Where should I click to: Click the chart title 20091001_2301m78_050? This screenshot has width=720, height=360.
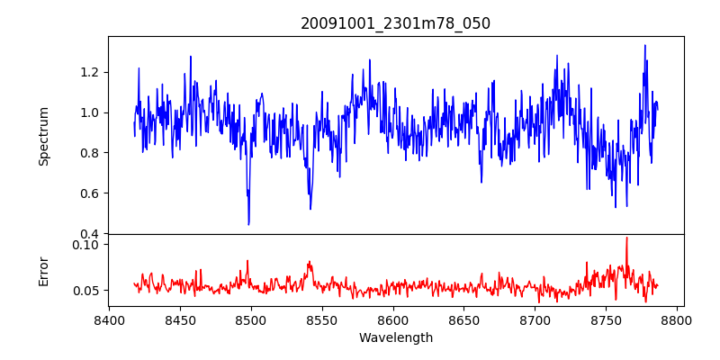pyautogui.click(x=395, y=23)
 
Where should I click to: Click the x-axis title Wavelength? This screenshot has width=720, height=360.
pyautogui.click(x=395, y=337)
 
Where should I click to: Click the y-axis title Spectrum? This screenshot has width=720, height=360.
pyautogui.click(x=43, y=135)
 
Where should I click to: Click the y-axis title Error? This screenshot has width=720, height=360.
pyautogui.click(x=43, y=270)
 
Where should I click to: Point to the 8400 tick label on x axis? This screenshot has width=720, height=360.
pyautogui.click(x=109, y=319)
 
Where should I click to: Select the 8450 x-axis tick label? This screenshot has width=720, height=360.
pyautogui.click(x=180, y=319)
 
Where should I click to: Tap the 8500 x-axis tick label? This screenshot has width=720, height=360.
pyautogui.click(x=251, y=319)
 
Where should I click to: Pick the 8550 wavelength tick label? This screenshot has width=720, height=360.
pyautogui.click(x=322, y=319)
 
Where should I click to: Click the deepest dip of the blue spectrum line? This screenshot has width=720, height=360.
pyautogui.click(x=248, y=224)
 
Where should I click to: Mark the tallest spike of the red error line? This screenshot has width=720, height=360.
pyautogui.click(x=626, y=238)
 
